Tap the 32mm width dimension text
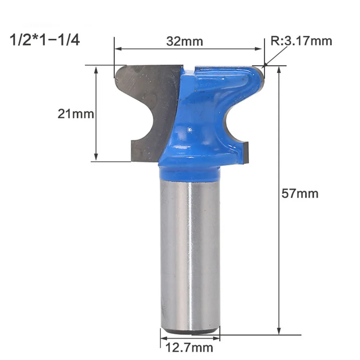184,41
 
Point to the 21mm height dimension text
76,114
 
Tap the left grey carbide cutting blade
144,108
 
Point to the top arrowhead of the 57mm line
279,69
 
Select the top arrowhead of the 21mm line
96,69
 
